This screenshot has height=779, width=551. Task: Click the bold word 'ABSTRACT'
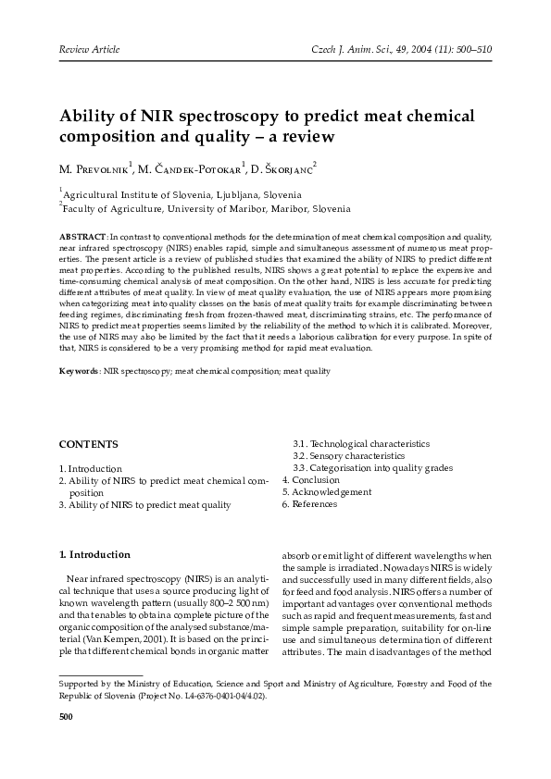(81, 238)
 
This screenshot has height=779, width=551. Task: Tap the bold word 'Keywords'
(79, 370)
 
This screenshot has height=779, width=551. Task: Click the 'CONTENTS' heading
(88, 444)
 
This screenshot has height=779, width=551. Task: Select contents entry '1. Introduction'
(90, 469)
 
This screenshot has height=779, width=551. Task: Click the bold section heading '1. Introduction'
(94, 555)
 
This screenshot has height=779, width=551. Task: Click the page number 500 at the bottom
(67, 716)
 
